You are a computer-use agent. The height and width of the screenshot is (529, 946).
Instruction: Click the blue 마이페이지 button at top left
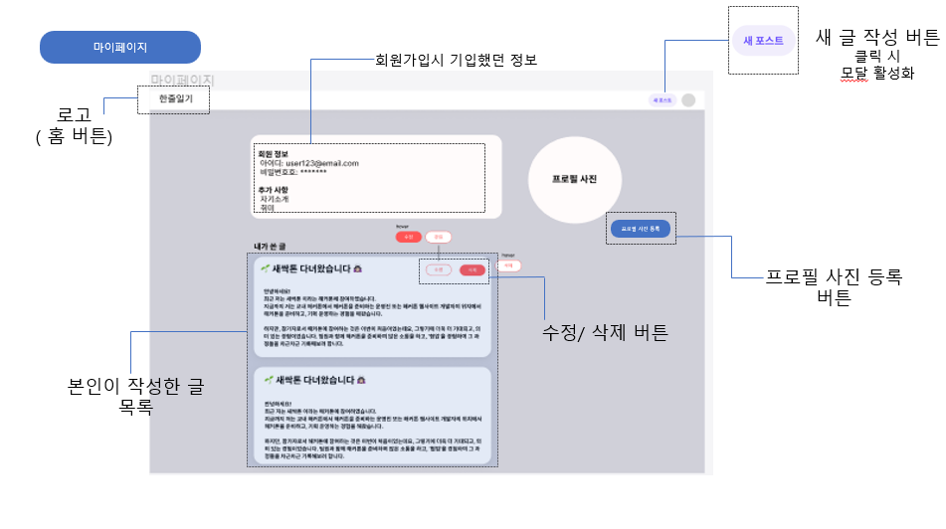click(120, 48)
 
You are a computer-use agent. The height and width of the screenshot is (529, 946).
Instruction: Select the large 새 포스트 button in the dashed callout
click(763, 40)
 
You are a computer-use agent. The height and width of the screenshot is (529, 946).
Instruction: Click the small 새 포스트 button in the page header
click(662, 100)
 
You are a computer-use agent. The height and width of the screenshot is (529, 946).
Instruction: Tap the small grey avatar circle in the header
click(688, 100)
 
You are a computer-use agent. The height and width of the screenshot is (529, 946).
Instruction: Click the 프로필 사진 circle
click(574, 179)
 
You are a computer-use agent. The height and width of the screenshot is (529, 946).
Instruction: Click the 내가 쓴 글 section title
click(270, 246)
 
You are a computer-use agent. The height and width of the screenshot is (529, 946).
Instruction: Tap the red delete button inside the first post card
click(473, 269)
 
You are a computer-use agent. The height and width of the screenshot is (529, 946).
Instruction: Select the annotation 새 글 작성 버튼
click(876, 38)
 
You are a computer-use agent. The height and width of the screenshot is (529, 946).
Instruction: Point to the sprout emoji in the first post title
click(265, 267)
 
